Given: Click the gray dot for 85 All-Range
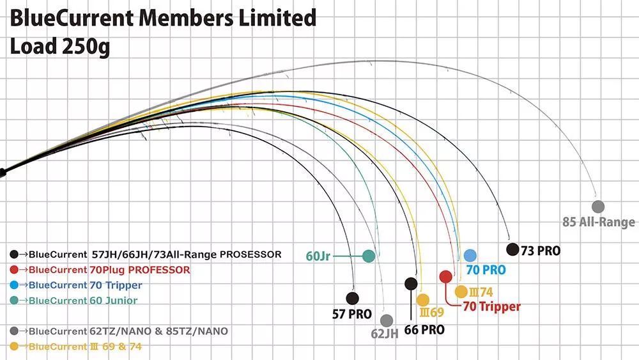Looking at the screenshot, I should pyautogui.click(x=598, y=207).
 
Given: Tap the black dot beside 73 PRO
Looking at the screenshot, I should pyautogui.click(x=512, y=249).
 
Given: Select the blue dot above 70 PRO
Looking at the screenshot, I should pyautogui.click(x=470, y=255).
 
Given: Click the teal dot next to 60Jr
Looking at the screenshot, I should pyautogui.click(x=368, y=256).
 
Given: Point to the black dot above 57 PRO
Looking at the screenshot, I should pyautogui.click(x=351, y=298).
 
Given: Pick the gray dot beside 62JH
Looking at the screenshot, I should pyautogui.click(x=386, y=320).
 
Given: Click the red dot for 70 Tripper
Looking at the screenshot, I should pyautogui.click(x=446, y=277).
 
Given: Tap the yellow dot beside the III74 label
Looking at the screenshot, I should pyautogui.click(x=461, y=292).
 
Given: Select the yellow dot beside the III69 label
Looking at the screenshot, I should pyautogui.click(x=422, y=299).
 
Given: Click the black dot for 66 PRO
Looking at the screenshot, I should pyautogui.click(x=411, y=283).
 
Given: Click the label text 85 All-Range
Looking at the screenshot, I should pyautogui.click(x=599, y=223).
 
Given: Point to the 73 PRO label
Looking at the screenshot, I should pyautogui.click(x=541, y=251).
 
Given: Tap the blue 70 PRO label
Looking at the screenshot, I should pyautogui.click(x=486, y=270).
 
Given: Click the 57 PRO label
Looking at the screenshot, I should pyautogui.click(x=351, y=315).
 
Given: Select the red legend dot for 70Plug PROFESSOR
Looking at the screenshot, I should pyautogui.click(x=15, y=270).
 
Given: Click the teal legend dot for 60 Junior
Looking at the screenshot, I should pyautogui.click(x=15, y=301).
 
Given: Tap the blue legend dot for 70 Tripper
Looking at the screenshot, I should pyautogui.click(x=15, y=285).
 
